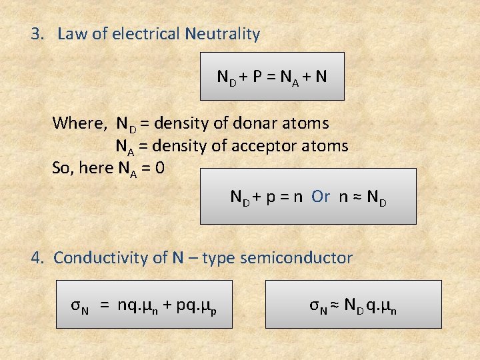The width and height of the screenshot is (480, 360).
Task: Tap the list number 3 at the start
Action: pyautogui.click(x=36, y=34)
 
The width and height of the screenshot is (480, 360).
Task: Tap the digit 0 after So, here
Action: pyautogui.click(x=159, y=167)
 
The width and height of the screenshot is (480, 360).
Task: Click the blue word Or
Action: pyautogui.click(x=321, y=196)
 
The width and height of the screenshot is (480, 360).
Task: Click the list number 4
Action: pyautogui.click(x=37, y=258)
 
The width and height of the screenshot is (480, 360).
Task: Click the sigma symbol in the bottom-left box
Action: pyautogui.click(x=76, y=305)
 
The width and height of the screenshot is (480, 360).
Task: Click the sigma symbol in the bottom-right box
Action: pyautogui.click(x=315, y=305)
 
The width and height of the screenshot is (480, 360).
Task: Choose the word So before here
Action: pyautogui.click(x=62, y=167)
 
